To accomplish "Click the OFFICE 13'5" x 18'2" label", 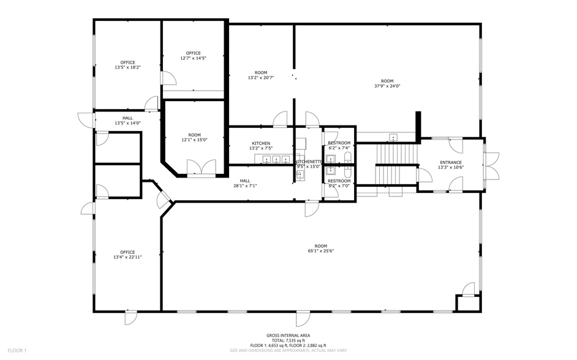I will (x=127, y=64).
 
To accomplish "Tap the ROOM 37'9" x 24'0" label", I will (x=387, y=83).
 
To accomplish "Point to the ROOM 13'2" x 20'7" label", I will (x=260, y=75).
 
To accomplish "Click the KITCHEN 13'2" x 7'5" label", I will (x=260, y=146).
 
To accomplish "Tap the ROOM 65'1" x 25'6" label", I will (x=320, y=247).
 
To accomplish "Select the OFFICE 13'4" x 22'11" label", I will (x=127, y=255).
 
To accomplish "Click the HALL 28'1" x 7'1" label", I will (x=244, y=183).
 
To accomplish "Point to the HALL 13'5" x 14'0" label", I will (x=127, y=121).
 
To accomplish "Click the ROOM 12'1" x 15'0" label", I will (x=194, y=137).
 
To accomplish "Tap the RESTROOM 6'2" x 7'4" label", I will (x=339, y=145).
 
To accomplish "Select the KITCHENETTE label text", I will (x=308, y=162).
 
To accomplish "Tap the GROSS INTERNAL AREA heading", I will (x=288, y=336).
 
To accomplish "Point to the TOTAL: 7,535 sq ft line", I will (x=288, y=340).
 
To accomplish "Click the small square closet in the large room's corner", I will (x=466, y=303).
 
